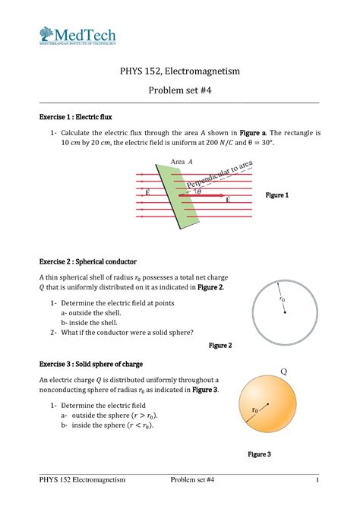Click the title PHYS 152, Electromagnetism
pyautogui.click(x=180, y=71)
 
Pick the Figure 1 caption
pyautogui.click(x=276, y=196)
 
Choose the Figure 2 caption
pyautogui.click(x=219, y=346)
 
